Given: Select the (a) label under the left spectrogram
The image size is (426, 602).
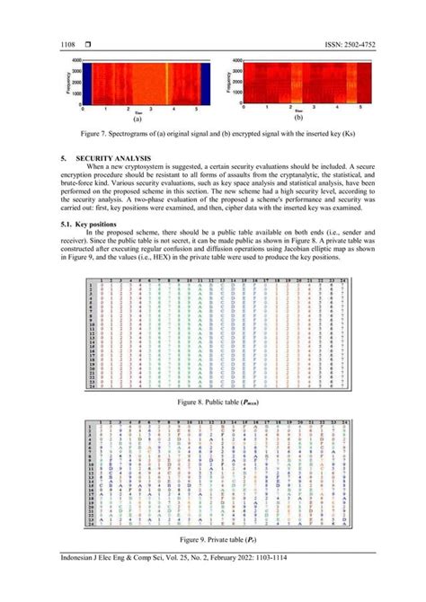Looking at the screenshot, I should (x=138, y=118).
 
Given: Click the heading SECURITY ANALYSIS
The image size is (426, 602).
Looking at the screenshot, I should (x=123, y=158).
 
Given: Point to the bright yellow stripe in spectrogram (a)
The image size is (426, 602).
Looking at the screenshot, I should (x=165, y=83).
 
